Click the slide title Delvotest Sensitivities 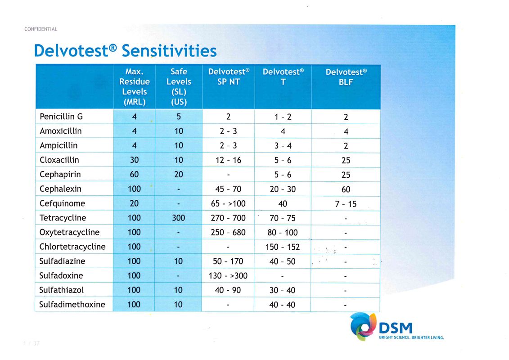(x=125, y=50)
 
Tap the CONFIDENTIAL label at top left (x=41, y=29)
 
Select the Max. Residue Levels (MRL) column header (x=134, y=86)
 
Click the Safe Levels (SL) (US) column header (x=179, y=86)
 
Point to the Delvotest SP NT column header (x=229, y=77)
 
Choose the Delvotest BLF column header (x=346, y=77)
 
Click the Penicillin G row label (x=61, y=117)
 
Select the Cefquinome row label (x=62, y=203)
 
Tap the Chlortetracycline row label (x=72, y=247)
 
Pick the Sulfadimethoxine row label (x=72, y=304)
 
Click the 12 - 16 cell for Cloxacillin (x=228, y=160)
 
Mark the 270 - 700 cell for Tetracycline (x=228, y=218)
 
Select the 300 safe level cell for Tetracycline (x=178, y=218)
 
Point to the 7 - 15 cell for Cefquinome (x=346, y=204)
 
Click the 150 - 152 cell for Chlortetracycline (x=282, y=247)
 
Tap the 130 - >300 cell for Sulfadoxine (x=228, y=275)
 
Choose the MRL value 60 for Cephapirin (x=134, y=175)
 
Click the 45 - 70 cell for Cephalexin (x=228, y=189)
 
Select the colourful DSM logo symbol (x=363, y=326)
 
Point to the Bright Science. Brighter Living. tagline (x=412, y=337)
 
